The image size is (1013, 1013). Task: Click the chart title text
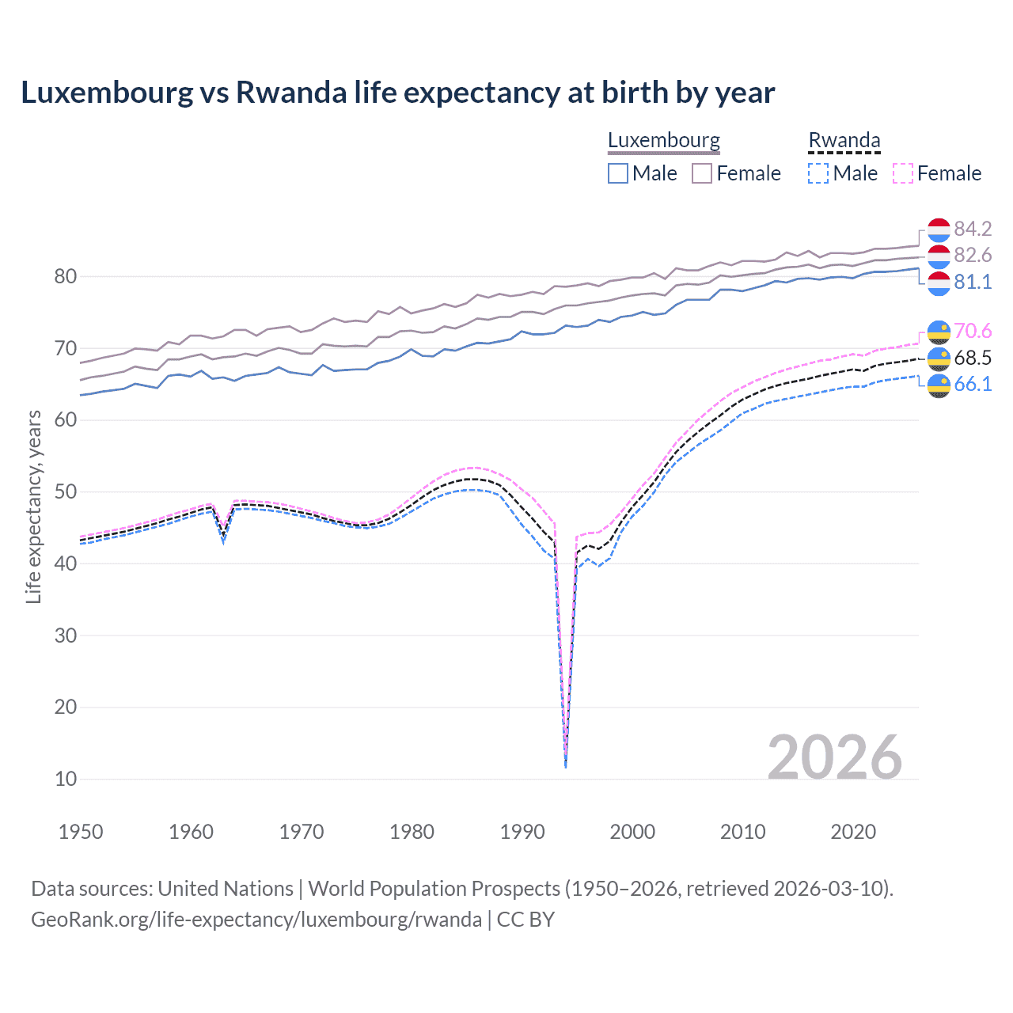pos(397,93)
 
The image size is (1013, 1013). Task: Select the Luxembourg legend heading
pos(663,140)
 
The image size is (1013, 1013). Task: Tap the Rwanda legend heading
pos(844,140)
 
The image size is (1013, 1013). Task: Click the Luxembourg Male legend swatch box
pos(618,173)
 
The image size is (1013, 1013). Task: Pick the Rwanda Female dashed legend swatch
pos(903,173)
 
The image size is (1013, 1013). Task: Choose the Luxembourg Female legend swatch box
pos(702,173)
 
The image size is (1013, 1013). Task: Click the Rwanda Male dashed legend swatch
pos(818,173)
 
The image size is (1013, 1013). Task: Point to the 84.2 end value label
pos(973,229)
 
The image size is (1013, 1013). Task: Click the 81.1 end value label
pos(973,282)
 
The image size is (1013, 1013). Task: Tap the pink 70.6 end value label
pos(973,331)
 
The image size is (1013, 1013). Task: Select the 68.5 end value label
pos(973,358)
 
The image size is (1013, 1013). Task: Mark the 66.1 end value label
pos(973,384)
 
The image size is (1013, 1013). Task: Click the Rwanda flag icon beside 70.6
pos(939,332)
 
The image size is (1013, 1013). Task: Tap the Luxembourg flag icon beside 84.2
pos(939,230)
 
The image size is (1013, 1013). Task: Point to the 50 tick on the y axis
pos(66,491)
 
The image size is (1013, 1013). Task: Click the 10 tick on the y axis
pos(66,779)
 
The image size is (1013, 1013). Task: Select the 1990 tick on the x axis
pos(522,832)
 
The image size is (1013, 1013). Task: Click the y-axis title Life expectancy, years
pos(33,506)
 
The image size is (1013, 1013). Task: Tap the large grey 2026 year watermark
pos(834,757)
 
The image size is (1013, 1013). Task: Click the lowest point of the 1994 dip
pos(565,767)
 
